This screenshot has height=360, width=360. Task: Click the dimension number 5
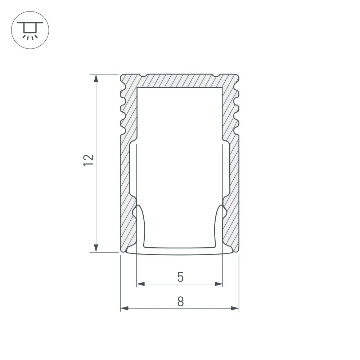180,277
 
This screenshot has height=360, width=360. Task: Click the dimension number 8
180,301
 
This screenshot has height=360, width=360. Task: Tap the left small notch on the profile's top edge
143,76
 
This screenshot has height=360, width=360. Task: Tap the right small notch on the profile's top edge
216,76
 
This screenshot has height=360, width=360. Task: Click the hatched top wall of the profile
180,81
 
